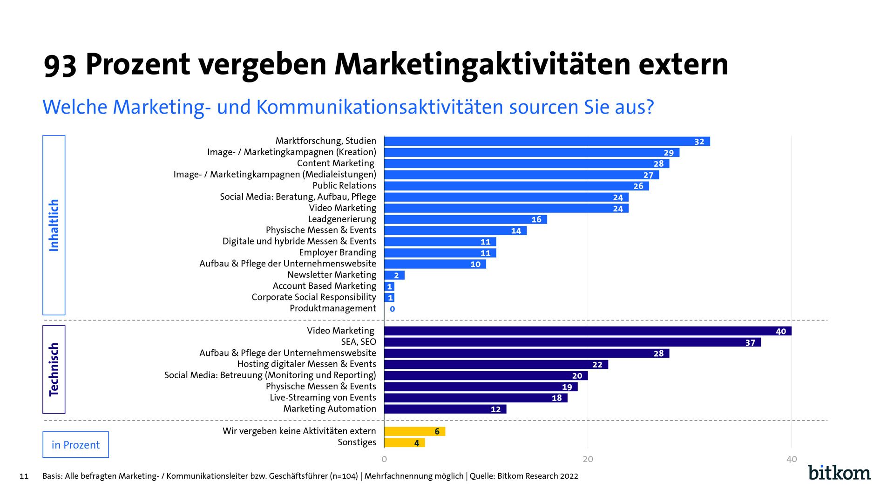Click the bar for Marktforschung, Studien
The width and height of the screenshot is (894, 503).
pos(547,141)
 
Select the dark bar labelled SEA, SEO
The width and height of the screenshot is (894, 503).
pos(572,342)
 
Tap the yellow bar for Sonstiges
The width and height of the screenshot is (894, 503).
pos(404,442)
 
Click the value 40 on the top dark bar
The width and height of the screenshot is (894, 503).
pos(781,331)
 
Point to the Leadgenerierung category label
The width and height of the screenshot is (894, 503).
pos(342,219)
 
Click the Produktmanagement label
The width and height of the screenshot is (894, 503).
pos(332,308)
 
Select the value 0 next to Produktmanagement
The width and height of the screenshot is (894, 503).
pos(392,309)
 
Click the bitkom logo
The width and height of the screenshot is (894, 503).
pos(839,472)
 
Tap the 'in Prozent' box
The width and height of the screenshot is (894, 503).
pos(75,445)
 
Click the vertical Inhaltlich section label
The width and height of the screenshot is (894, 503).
pos(54,225)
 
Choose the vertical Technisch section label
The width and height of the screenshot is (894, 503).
pos(54,369)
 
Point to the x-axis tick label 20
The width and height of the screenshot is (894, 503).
pos(588,459)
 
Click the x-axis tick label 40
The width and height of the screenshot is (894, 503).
pos(791,459)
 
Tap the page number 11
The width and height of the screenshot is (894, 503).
pos(24,476)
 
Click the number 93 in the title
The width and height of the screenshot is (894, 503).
pos(60,65)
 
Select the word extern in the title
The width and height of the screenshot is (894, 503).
pos(683,65)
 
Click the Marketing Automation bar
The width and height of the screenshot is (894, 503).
pos(445,409)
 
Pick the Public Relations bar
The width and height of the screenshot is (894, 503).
pos(516,186)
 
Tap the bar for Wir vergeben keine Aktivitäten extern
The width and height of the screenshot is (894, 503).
pos(414,431)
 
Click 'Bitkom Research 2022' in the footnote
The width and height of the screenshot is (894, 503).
pos(537,476)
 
